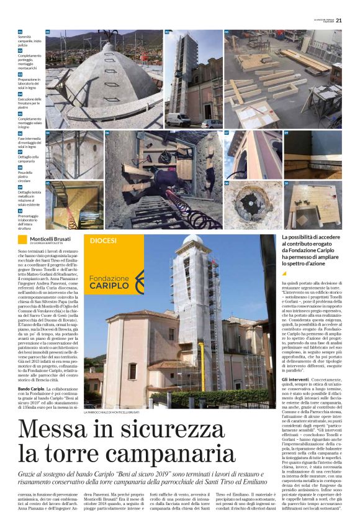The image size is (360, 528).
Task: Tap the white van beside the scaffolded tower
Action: [179, 119]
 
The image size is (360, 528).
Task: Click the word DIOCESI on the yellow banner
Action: [103, 240]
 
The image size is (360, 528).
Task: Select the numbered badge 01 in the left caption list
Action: [20, 32]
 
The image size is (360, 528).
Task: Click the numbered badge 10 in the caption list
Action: [20, 211]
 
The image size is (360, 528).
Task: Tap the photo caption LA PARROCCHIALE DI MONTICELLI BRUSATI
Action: [112, 411]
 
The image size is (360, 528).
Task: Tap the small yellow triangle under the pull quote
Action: [285, 273]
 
